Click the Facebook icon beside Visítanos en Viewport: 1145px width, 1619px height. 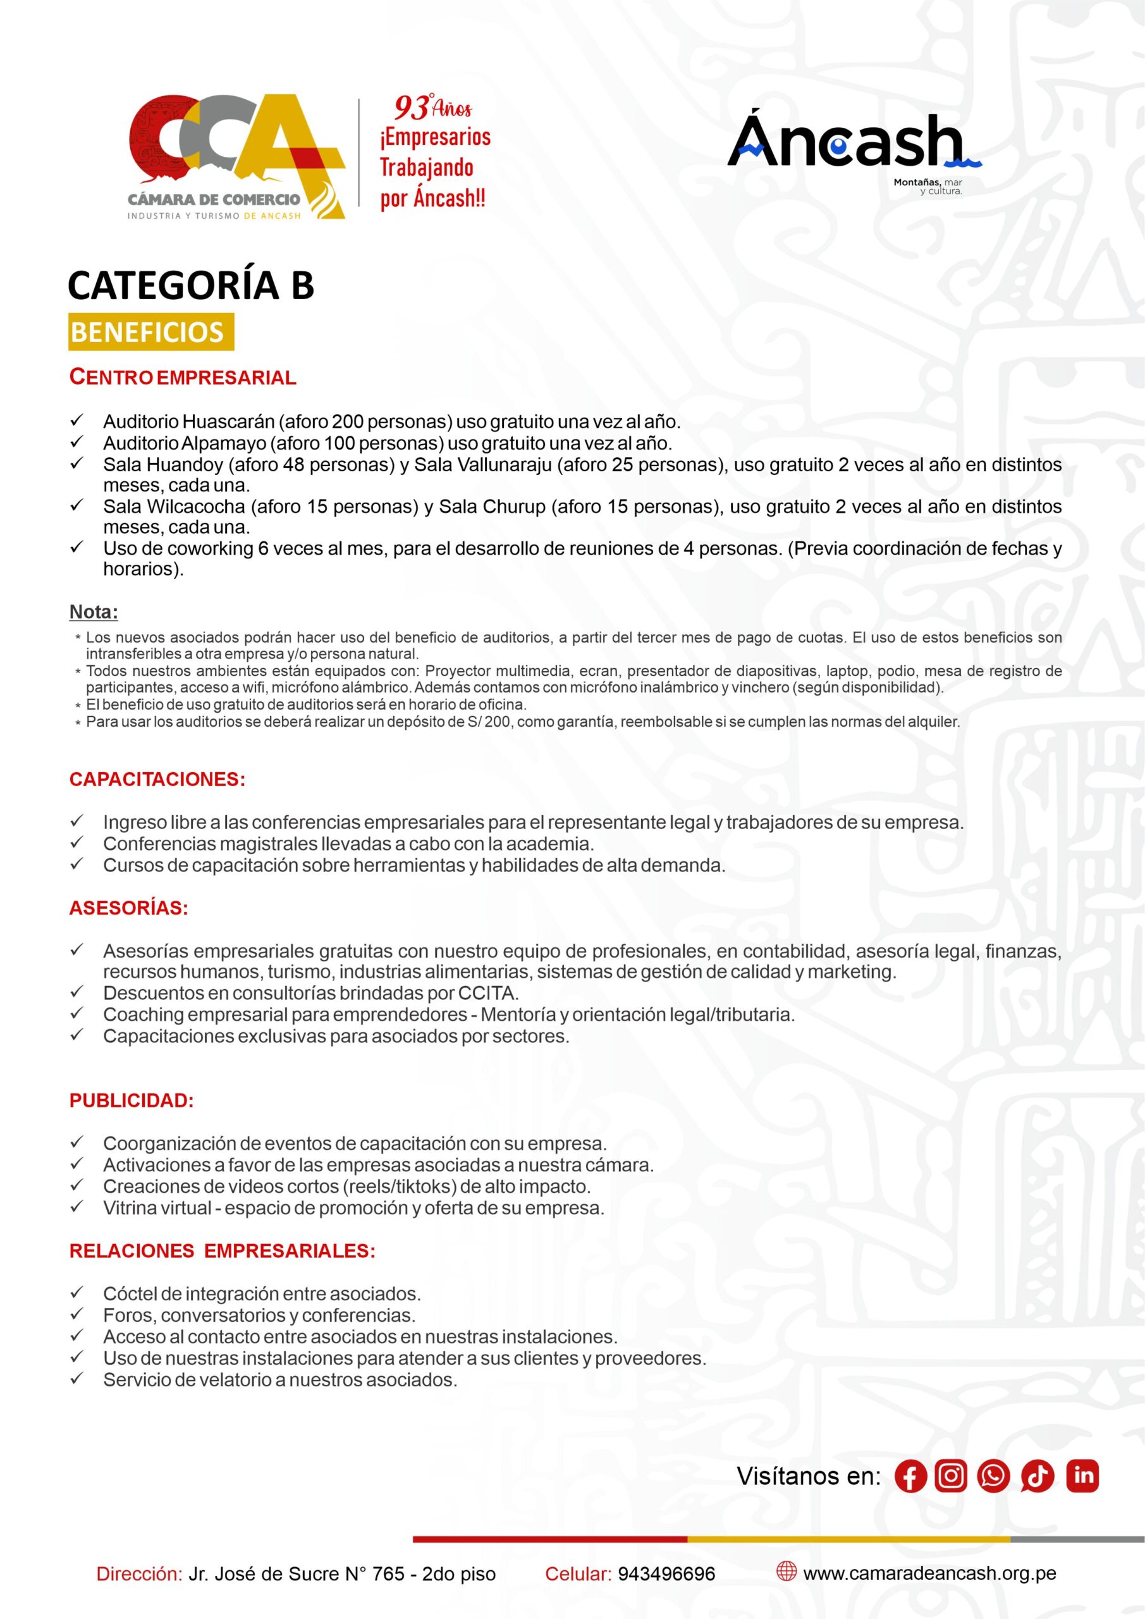pos(910,1477)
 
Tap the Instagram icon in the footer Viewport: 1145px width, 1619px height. pos(950,1476)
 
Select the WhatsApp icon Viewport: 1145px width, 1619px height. pos(993,1476)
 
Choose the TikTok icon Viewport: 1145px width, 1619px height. pos(1036,1477)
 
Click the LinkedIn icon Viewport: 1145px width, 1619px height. pos(1082,1476)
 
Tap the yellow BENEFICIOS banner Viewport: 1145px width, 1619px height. pos(150,332)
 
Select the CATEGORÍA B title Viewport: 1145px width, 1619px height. pos(190,285)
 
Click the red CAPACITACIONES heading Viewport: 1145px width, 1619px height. pos(157,779)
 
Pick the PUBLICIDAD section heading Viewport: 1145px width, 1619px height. pos(131,1100)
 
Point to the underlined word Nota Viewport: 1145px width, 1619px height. pos(93,612)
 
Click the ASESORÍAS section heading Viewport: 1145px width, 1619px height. pos(128,908)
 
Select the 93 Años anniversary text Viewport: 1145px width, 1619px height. pos(432,108)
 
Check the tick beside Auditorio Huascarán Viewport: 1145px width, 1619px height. pos(77,421)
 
